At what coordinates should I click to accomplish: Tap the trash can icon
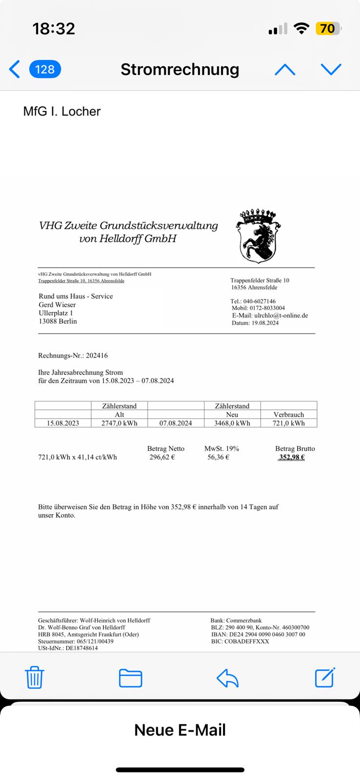34,677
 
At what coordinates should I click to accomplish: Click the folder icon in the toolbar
130,678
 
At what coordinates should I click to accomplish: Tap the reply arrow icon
227,678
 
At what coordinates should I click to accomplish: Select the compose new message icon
325,677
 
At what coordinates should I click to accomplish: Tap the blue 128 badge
45,69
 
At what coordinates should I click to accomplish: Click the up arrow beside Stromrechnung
285,70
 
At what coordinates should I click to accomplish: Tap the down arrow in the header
331,70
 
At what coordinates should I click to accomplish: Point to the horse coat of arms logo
258,236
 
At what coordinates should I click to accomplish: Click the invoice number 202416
97,356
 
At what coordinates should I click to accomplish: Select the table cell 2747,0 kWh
120,423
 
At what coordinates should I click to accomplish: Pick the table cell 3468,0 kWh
232,423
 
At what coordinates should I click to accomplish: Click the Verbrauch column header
289,414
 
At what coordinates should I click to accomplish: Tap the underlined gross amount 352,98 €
292,457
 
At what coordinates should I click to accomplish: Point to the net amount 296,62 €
162,457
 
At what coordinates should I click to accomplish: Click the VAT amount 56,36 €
218,457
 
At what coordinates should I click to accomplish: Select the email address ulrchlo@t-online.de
281,315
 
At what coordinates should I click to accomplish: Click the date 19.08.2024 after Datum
265,323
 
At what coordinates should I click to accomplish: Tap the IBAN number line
258,634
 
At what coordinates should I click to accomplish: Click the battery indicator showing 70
328,29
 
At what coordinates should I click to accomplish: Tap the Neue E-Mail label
180,730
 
